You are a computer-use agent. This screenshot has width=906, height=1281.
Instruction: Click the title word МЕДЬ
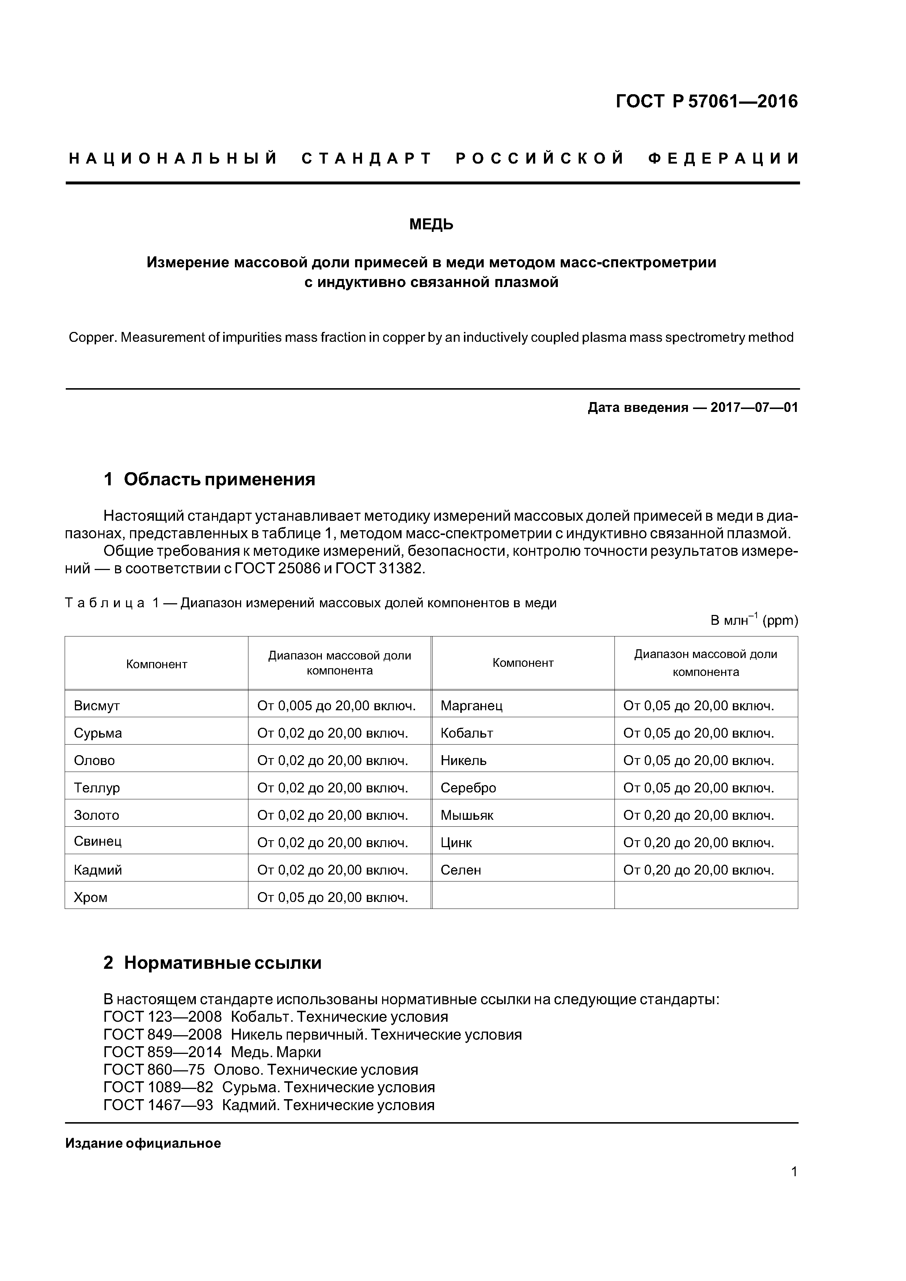click(431, 225)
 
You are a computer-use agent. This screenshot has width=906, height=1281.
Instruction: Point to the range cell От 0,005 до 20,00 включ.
click(336, 706)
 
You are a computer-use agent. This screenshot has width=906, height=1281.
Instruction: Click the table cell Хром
click(91, 898)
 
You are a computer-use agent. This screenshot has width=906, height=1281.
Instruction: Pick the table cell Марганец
click(471, 706)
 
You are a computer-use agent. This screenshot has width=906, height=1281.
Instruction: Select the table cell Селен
click(461, 870)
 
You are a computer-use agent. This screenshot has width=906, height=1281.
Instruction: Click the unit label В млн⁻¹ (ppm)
click(754, 620)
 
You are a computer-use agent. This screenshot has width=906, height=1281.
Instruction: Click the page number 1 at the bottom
click(794, 1187)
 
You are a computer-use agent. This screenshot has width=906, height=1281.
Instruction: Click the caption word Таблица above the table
click(105, 603)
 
